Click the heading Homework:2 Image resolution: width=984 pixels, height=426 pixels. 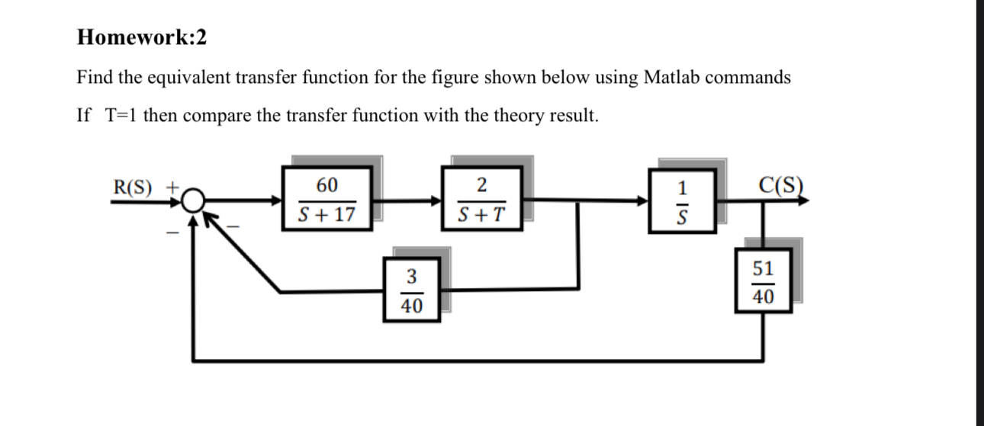point(142,37)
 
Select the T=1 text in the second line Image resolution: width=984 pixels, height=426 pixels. point(115,116)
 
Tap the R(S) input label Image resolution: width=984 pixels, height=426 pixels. point(133,187)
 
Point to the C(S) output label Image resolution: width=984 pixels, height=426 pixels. point(781,185)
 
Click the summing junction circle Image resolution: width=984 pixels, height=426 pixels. point(195,200)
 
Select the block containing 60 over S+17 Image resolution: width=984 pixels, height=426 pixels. point(326,200)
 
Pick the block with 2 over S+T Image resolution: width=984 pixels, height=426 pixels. point(481,200)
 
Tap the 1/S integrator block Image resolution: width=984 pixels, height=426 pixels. point(683,200)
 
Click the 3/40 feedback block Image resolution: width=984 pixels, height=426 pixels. point(412,290)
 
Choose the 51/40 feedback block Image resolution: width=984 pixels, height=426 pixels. point(763,282)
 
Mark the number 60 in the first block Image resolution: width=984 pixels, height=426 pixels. point(326,185)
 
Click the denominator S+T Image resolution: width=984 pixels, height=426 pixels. point(481,215)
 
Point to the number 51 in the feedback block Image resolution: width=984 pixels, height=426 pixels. point(763,268)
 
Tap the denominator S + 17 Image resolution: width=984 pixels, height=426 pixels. point(326,215)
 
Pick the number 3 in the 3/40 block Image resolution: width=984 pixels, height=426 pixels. point(412,274)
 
